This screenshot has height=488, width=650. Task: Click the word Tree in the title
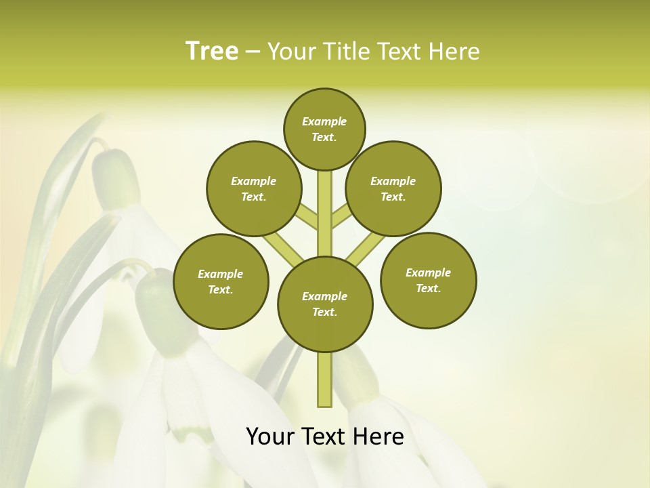point(212,52)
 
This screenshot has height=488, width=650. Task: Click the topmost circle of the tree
point(324,129)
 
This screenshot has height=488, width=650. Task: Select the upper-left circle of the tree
point(254,189)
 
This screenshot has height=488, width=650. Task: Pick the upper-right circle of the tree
point(393,189)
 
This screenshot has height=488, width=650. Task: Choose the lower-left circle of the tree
point(221,282)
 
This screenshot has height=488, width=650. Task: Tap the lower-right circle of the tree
point(429,281)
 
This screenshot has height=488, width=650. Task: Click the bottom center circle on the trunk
point(325,304)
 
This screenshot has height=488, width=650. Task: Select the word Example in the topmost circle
point(324,121)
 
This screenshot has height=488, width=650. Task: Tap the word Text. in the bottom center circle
point(324,312)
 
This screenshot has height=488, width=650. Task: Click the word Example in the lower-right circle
point(428,272)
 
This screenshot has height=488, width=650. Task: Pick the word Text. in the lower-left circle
point(220,290)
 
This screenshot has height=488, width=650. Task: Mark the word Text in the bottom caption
point(325,436)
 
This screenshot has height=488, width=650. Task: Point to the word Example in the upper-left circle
point(254,181)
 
